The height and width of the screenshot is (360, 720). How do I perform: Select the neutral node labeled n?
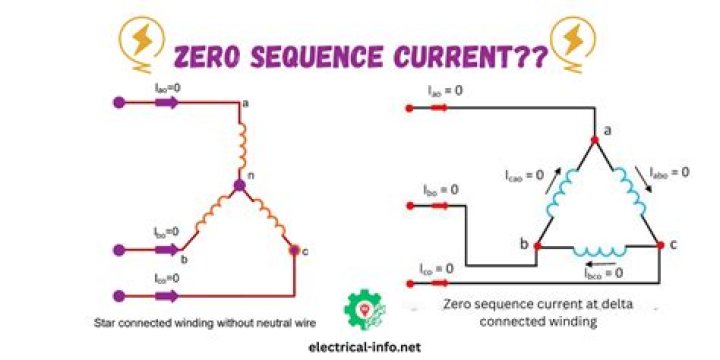239,185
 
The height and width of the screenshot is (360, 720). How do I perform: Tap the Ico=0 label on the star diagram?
168,278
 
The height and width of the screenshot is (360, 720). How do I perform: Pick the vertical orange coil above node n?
239,145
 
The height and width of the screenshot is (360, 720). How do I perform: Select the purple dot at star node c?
293,250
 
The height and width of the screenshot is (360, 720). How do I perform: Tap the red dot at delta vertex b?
538,244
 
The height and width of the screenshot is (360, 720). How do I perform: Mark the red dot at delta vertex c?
659,244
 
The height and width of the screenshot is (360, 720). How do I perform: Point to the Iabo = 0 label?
669,171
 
